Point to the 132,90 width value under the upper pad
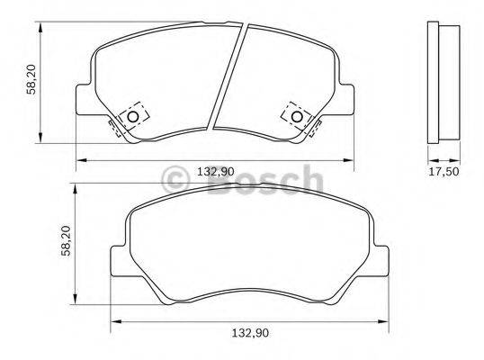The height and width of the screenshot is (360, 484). [215, 171]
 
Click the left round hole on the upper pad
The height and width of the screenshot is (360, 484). [133, 116]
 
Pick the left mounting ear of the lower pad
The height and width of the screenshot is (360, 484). [117, 260]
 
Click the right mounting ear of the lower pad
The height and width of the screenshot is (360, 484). [382, 260]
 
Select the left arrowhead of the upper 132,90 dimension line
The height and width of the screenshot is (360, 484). [79, 160]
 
